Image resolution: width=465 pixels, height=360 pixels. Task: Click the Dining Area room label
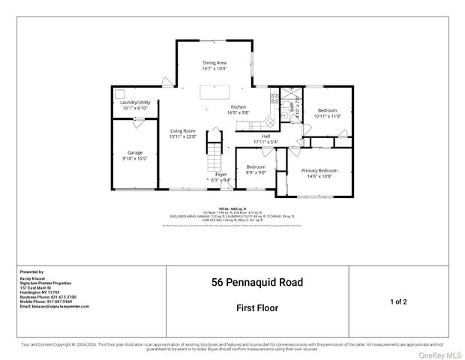coord(214,63)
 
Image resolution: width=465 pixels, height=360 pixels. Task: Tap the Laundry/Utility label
coord(136,102)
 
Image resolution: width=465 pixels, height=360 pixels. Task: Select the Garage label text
coord(134,152)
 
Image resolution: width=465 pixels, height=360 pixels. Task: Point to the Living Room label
coord(182,130)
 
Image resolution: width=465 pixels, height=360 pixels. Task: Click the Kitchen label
coord(238,107)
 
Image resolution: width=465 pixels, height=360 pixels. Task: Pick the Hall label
coord(265,136)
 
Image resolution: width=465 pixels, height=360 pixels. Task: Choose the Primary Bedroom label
coord(319,170)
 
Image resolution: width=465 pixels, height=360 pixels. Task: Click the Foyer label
coord(220,174)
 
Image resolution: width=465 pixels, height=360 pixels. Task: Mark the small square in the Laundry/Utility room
coord(119,94)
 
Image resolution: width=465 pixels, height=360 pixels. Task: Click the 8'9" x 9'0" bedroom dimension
coord(256,172)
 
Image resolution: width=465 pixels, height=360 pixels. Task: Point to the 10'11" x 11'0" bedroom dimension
coord(327,115)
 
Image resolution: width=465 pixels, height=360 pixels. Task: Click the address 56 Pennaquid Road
coord(257,283)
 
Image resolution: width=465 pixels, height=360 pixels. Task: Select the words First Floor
coord(257,307)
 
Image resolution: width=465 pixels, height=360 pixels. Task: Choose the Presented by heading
coord(31,271)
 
